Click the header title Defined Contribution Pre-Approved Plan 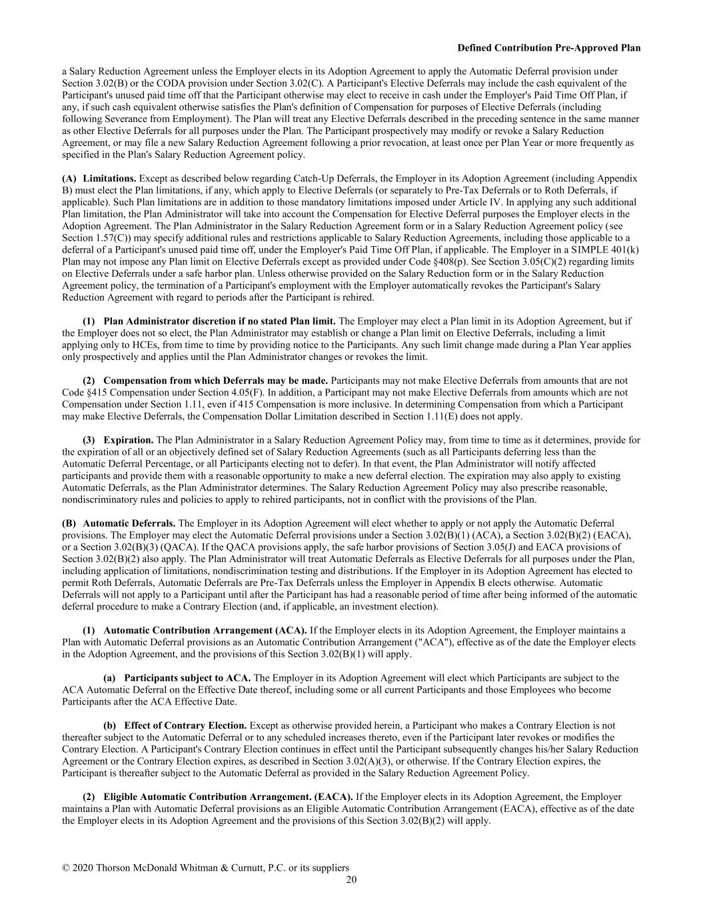pyautogui.click(x=549, y=48)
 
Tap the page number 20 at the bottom pyautogui.click(x=351, y=879)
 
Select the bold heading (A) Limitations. pyautogui.click(x=99, y=179)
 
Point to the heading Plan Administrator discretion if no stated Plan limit pyautogui.click(x=219, y=321)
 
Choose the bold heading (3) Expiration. pyautogui.click(x=118, y=440)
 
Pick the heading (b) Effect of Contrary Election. pyautogui.click(x=175, y=725)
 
